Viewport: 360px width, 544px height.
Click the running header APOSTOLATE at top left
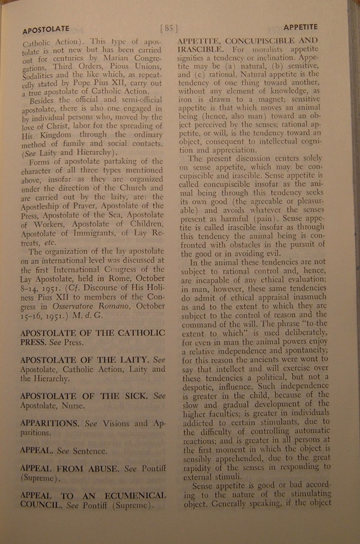[46, 30]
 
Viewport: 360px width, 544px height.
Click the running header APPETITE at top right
[300, 27]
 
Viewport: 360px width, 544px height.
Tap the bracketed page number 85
[168, 28]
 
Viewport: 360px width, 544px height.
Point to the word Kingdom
[56, 135]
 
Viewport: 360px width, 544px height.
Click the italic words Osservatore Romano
[91, 306]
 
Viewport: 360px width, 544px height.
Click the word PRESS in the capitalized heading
[34, 343]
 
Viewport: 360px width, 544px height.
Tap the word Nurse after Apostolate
[73, 406]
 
